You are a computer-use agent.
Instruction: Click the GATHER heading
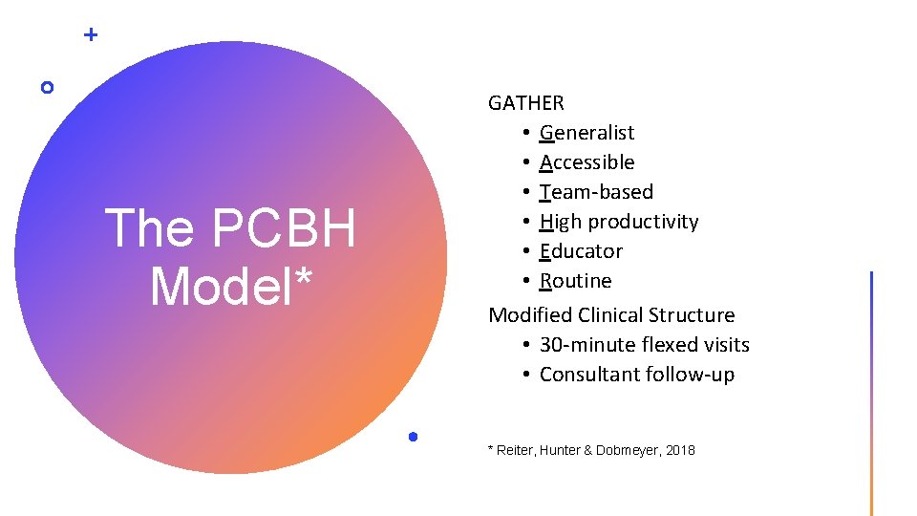point(526,102)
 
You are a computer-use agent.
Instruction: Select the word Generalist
point(586,132)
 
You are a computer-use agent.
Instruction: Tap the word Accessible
point(586,161)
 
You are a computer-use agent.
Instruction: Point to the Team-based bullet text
point(596,191)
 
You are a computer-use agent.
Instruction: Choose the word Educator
point(581,251)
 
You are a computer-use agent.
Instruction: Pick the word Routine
point(575,281)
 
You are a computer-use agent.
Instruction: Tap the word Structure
point(693,314)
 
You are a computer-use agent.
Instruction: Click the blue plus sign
point(91,35)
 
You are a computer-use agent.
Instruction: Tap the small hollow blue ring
point(48,88)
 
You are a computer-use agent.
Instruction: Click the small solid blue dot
point(412,437)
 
